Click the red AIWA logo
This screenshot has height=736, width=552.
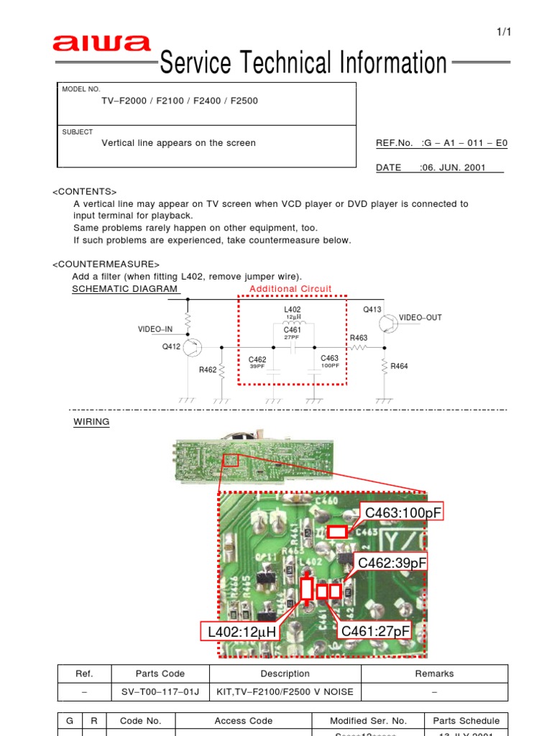(x=101, y=45)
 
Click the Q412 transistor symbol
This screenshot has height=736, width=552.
(x=192, y=349)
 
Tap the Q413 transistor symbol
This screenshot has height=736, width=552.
(x=389, y=323)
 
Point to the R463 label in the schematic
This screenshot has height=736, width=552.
(x=359, y=337)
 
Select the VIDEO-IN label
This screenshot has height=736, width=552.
(x=155, y=329)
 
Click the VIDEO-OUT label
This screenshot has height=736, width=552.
(x=420, y=317)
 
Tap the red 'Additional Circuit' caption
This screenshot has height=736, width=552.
(x=290, y=289)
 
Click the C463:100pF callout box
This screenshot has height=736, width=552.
(x=403, y=512)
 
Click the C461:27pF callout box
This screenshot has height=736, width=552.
(x=375, y=631)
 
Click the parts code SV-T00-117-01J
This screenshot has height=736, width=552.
(x=160, y=692)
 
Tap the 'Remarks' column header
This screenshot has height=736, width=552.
(x=434, y=673)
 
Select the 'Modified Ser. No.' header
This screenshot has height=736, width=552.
(x=368, y=721)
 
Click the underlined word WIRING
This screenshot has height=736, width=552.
(x=91, y=422)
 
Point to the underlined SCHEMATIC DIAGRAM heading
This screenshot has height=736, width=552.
(x=125, y=289)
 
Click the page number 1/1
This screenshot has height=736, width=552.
(x=503, y=32)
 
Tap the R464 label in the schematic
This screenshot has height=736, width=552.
(x=399, y=367)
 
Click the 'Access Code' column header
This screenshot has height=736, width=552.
(x=244, y=721)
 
